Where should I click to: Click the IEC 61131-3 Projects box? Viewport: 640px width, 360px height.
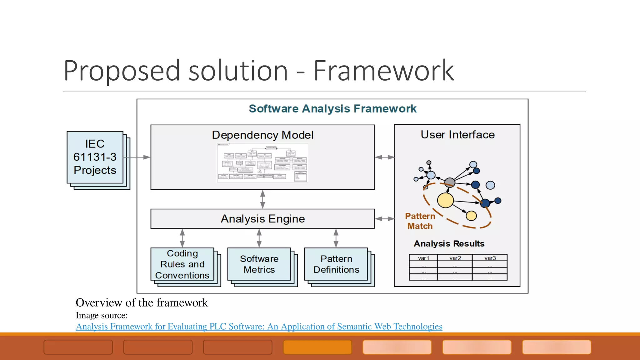(95, 157)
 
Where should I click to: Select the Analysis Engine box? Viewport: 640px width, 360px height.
(262, 219)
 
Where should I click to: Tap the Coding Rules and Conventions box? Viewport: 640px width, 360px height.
(182, 264)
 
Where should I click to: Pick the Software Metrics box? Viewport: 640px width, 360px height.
(259, 264)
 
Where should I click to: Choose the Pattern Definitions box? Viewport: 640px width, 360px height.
(336, 264)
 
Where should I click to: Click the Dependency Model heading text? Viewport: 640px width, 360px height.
(262, 135)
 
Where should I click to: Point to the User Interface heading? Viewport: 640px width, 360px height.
(457, 135)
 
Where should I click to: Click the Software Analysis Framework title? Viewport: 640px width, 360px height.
(332, 109)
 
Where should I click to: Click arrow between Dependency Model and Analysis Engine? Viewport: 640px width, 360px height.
(262, 199)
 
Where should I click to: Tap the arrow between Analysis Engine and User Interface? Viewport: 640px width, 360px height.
(384, 219)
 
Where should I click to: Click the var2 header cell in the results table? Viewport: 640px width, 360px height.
(455, 258)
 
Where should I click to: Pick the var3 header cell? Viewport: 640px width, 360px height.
(490, 258)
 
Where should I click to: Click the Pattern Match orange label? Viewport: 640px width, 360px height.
(420, 221)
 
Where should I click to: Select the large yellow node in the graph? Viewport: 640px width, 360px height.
(445, 200)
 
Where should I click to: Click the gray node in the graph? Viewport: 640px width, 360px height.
(449, 182)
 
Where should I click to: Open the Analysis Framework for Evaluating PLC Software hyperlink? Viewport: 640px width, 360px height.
(259, 327)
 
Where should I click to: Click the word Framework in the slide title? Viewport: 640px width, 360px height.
(384, 71)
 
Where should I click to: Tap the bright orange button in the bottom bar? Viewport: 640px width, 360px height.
(317, 347)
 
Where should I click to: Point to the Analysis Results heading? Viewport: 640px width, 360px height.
(449, 244)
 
